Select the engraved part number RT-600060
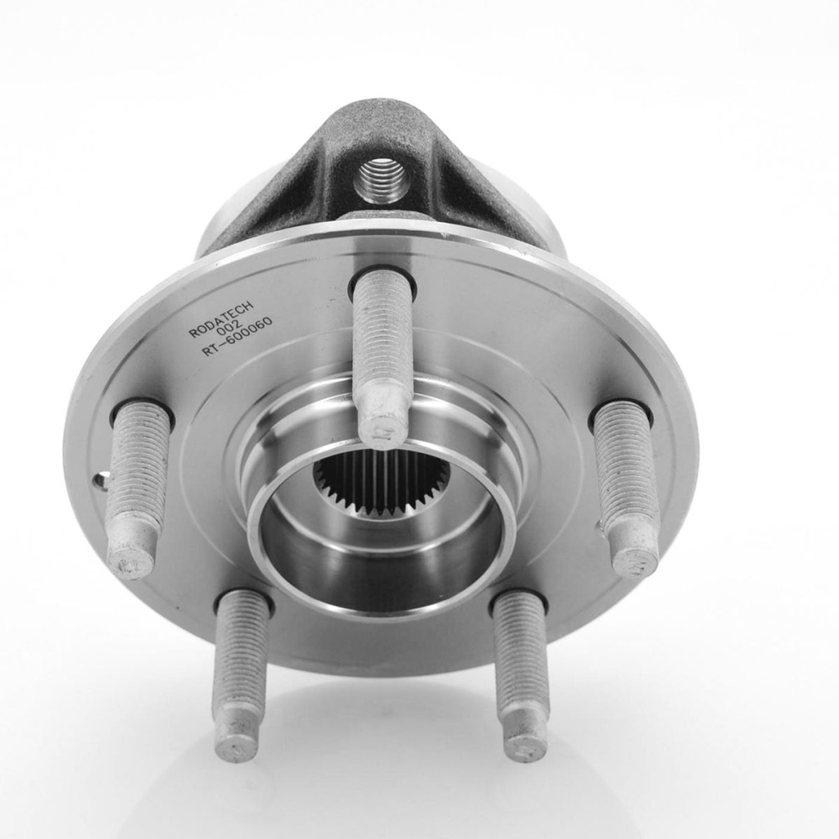(237, 338)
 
